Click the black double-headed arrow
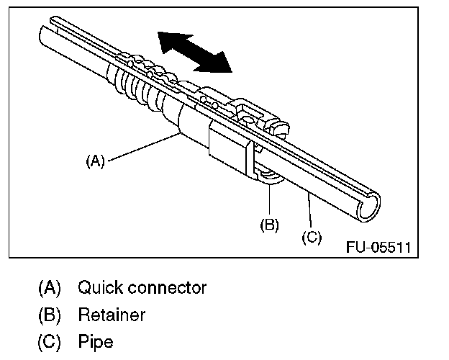coord(195,52)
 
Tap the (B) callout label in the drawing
coord(269,224)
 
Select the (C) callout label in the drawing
coord(312,235)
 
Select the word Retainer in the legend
coord(112,315)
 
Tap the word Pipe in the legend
coord(96,341)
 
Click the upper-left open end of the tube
coord(45,35)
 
